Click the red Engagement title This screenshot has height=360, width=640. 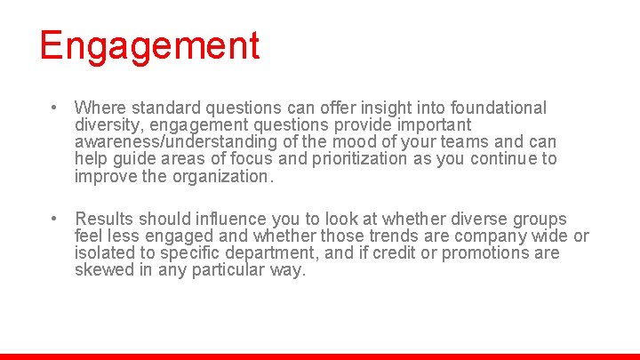tap(149, 45)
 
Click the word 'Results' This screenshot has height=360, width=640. tap(103, 220)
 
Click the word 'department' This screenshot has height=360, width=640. tap(276, 253)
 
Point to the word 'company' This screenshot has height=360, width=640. tap(492, 236)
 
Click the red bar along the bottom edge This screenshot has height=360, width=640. tap(320, 356)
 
